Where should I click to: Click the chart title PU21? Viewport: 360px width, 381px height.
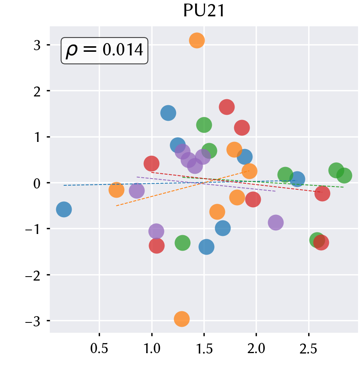(204, 11)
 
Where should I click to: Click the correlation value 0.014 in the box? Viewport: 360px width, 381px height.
(123, 50)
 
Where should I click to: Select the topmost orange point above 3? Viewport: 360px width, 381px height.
(197, 40)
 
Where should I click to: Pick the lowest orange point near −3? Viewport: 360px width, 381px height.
(182, 319)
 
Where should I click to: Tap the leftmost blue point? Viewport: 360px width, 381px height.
(64, 209)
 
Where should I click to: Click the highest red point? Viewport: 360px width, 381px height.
(227, 107)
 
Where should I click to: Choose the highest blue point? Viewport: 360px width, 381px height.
(168, 113)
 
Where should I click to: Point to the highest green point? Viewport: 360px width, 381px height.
(204, 125)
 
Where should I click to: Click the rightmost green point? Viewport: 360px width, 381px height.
(344, 175)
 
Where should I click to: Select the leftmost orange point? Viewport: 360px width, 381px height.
(117, 190)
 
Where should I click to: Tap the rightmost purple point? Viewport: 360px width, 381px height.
(276, 222)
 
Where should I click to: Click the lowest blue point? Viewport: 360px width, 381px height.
(206, 247)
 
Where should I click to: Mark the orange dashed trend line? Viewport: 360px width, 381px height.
(183, 189)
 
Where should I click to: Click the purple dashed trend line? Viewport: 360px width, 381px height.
(206, 184)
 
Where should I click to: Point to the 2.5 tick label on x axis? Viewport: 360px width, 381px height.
(308, 349)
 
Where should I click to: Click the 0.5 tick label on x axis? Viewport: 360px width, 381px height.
(99, 349)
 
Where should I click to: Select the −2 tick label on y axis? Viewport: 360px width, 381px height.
(33, 275)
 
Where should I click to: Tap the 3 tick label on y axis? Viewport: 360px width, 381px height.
(37, 45)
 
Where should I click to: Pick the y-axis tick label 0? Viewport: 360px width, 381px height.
(37, 183)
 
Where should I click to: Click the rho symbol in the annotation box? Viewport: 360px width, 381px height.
(72, 51)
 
